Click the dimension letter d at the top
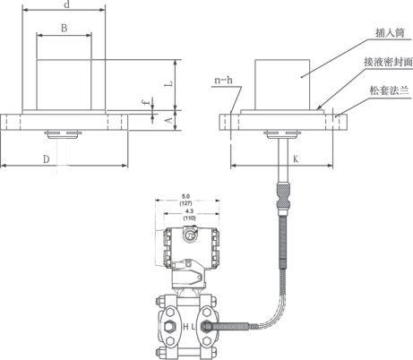pos(67,4)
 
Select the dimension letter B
pos(64,28)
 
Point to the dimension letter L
pos(169,84)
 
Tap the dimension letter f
pos(146,102)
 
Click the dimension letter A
pos(169,121)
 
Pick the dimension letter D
pos(46,159)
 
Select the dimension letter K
pos(296,159)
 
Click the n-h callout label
pos(223,81)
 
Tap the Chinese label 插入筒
pos(390,33)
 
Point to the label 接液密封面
pos(388,62)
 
